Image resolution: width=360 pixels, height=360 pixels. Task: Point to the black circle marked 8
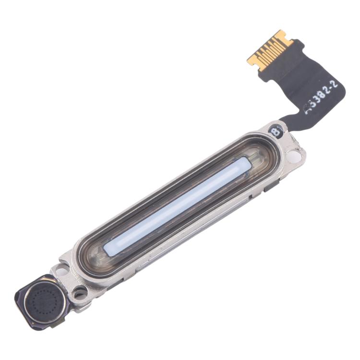point(276,130)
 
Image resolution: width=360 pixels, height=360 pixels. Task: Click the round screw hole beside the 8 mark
point(296,155)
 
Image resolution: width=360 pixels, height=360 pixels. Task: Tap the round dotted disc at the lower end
point(44,300)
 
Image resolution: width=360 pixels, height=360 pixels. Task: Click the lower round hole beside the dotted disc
point(78,292)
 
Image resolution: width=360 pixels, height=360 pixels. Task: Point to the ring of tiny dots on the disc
point(44,300)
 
